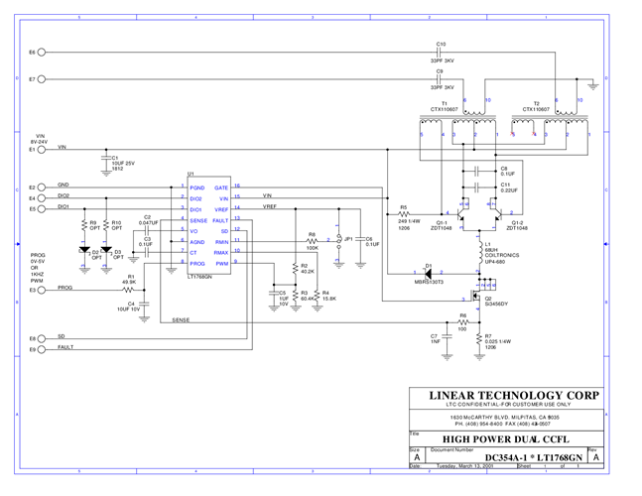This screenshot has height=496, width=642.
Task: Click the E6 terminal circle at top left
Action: pyautogui.click(x=44, y=52)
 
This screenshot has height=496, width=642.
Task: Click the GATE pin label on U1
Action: pyautogui.click(x=221, y=187)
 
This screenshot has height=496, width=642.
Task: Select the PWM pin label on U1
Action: pyautogui.click(x=222, y=264)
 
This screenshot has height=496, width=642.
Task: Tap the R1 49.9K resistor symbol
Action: pyautogui.click(x=129, y=290)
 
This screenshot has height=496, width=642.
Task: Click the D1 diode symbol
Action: pyautogui.click(x=429, y=273)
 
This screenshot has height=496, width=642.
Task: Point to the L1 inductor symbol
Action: pyautogui.click(x=478, y=251)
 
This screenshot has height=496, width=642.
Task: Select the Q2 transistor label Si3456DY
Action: pyautogui.click(x=497, y=304)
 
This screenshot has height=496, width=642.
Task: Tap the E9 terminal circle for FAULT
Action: pyautogui.click(x=44, y=349)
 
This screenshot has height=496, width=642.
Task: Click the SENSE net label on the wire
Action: pyautogui.click(x=181, y=320)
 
